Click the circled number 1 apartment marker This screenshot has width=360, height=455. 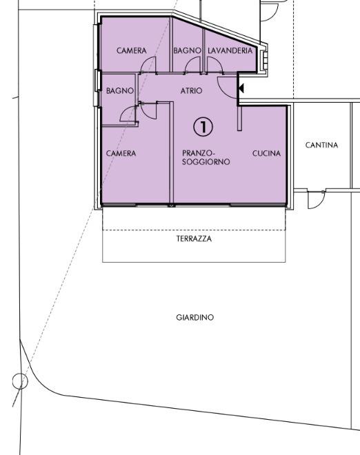click(203, 127)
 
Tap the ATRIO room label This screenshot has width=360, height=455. click(191, 91)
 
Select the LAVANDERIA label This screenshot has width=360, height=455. click(230, 50)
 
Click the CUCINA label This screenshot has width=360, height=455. click(266, 153)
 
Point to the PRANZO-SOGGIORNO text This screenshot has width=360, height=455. click(206, 157)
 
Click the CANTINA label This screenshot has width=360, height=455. click(321, 145)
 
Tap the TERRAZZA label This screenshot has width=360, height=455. click(194, 239)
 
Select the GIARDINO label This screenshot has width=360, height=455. click(194, 317)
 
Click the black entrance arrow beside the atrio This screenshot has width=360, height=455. click(241, 88)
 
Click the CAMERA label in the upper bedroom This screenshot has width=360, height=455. click(132, 50)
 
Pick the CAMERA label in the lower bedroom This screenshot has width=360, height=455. click(121, 153)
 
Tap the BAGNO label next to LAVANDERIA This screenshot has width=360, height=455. click(188, 50)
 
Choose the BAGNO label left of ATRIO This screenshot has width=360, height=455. click(120, 91)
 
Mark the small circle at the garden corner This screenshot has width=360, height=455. click(20, 381)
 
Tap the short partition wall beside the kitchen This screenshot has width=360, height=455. click(239, 118)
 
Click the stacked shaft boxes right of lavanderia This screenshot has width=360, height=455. click(265, 61)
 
